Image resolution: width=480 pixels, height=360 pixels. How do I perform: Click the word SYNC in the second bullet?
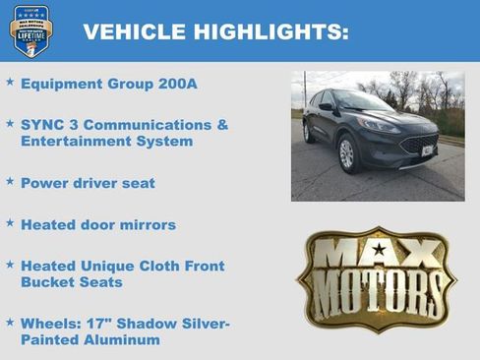click(x=42, y=126)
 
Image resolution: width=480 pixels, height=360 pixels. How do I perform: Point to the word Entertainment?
click(x=72, y=142)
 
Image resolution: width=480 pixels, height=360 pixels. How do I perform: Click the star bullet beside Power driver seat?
click(x=10, y=182)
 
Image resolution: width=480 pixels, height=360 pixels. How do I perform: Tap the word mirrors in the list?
click(x=146, y=225)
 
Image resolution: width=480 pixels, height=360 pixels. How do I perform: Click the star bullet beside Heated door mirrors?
click(x=10, y=224)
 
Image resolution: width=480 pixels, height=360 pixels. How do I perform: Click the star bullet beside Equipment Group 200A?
click(x=10, y=83)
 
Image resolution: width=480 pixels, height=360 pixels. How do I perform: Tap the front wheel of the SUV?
click(x=346, y=153)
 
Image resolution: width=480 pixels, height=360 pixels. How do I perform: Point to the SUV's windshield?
click(x=365, y=101)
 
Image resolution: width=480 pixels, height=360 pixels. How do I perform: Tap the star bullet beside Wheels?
click(x=10, y=323)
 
